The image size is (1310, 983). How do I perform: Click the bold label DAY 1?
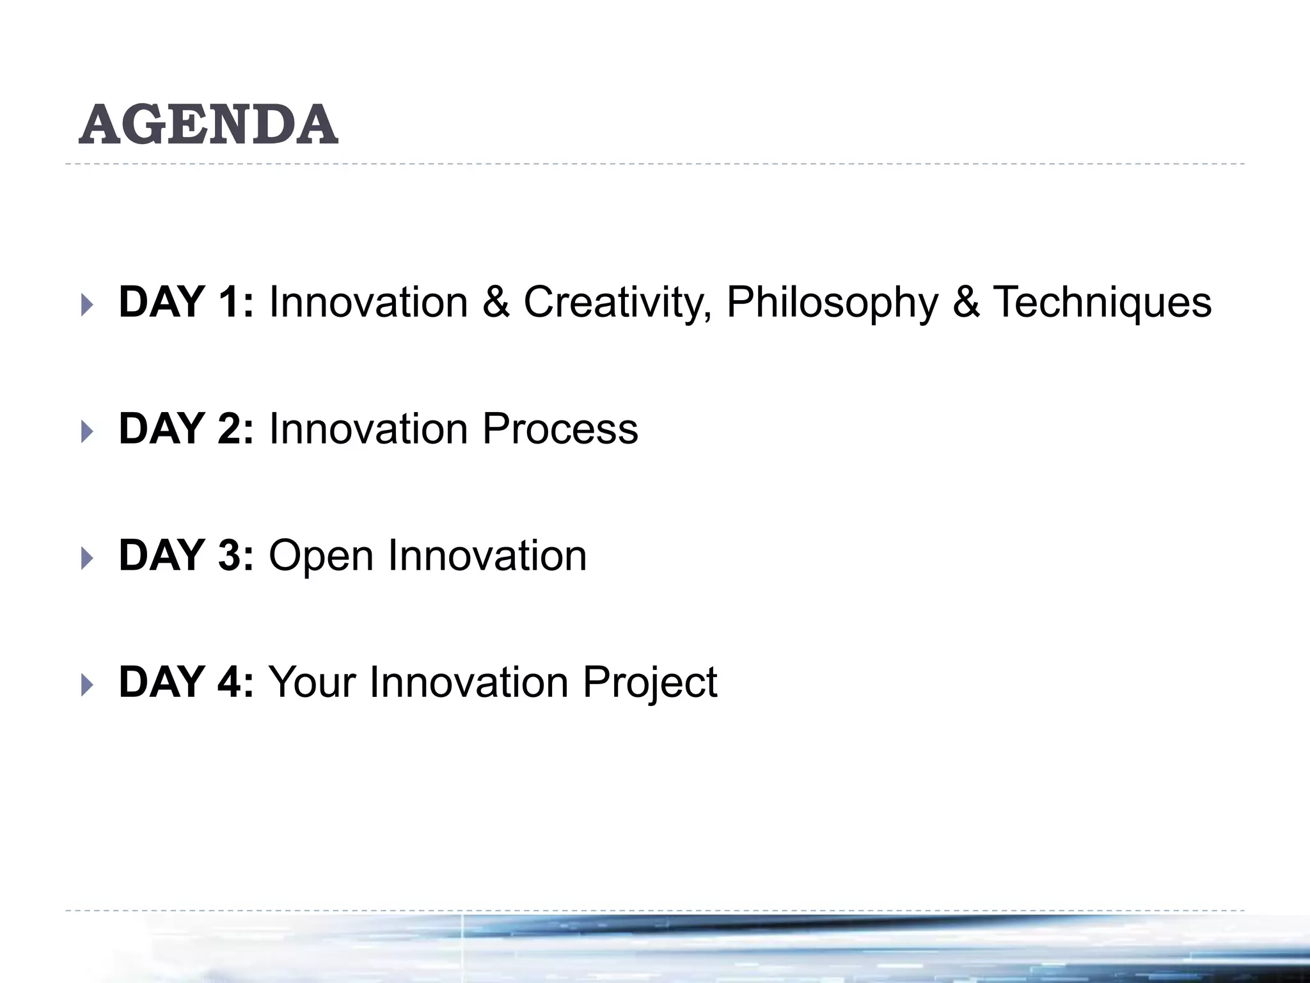pyautogui.click(x=186, y=301)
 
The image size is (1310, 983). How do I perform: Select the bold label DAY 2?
pyautogui.click(x=186, y=428)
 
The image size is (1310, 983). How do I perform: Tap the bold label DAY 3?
pyautogui.click(x=186, y=555)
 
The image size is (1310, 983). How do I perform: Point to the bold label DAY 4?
pyautogui.click(x=186, y=682)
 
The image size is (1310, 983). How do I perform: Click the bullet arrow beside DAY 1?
pyautogui.click(x=87, y=305)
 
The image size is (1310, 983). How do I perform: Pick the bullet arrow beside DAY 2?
pyautogui.click(x=87, y=431)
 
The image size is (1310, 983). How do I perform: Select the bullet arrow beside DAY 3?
pyautogui.click(x=87, y=558)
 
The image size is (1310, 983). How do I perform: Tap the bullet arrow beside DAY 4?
pyautogui.click(x=87, y=685)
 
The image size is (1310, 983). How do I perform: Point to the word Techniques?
pyautogui.click(x=1101, y=303)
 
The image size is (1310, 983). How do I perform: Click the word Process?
pyautogui.click(x=560, y=429)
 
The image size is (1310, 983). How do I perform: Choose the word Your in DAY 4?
pyautogui.click(x=312, y=682)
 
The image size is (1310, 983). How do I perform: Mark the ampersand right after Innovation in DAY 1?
pyautogui.click(x=496, y=301)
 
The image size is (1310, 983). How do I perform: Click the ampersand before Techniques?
pyautogui.click(x=966, y=301)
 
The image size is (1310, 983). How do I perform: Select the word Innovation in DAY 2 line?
pyautogui.click(x=368, y=428)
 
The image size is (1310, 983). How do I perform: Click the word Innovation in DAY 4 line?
pyautogui.click(x=469, y=682)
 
